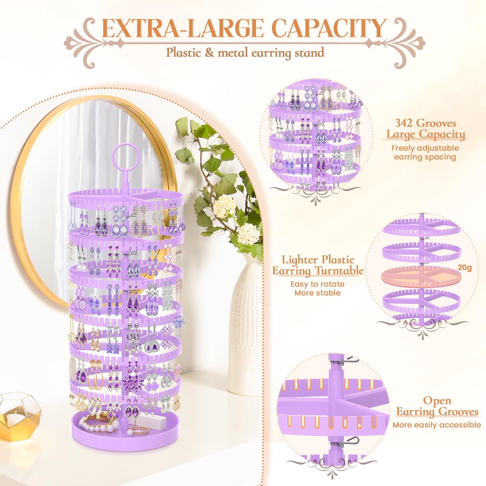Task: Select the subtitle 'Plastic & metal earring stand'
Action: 245,53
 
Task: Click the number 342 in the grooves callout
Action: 404,123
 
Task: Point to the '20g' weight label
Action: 464,267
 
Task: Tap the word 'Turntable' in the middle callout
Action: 339,270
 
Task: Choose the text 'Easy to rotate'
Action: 317,284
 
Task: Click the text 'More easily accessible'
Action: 437,425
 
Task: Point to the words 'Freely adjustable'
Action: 425,148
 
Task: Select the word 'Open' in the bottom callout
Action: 437,400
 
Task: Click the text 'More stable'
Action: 317,293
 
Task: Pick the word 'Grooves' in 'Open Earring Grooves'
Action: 458,412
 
